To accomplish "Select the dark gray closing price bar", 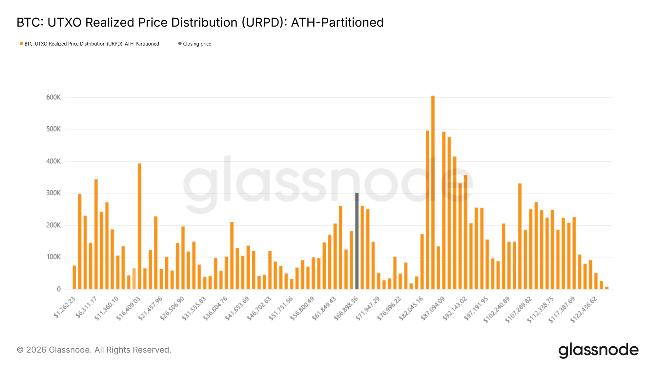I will pyautogui.click(x=357, y=241).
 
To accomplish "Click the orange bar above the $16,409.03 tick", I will pyautogui.click(x=139, y=226).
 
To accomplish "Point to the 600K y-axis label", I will pyautogui.click(x=53, y=97).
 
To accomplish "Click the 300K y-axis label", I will pyautogui.click(x=53, y=193).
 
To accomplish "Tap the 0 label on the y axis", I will pyautogui.click(x=59, y=289).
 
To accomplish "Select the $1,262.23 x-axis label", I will pyautogui.click(x=65, y=307).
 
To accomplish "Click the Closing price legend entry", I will pyautogui.click(x=197, y=44).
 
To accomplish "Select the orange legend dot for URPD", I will pyautogui.click(x=21, y=44).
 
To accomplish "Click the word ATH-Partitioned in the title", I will pyautogui.click(x=337, y=22).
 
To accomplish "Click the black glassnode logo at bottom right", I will pyautogui.click(x=598, y=350).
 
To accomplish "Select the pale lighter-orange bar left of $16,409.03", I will pyautogui.click(x=134, y=279).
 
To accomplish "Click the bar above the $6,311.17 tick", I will pyautogui.click(x=96, y=234).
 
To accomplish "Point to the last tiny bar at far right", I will pyautogui.click(x=606, y=288).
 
